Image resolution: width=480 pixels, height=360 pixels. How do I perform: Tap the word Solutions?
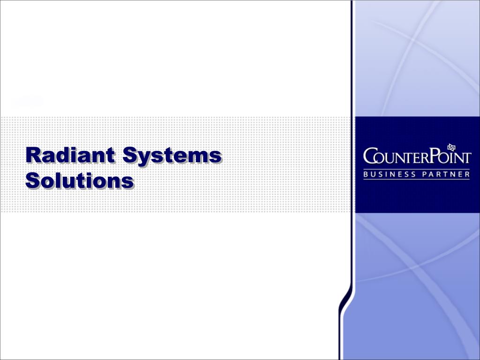80,180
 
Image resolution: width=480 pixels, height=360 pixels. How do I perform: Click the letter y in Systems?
143,157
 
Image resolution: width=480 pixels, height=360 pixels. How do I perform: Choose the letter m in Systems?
199,157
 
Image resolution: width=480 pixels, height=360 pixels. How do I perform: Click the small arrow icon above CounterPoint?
452,147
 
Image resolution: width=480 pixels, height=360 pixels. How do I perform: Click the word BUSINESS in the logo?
390,174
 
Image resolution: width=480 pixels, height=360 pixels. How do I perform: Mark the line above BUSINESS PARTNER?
417,169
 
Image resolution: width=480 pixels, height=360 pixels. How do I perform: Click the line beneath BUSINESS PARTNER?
417,180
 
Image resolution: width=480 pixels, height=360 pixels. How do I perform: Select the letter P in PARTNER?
427,174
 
